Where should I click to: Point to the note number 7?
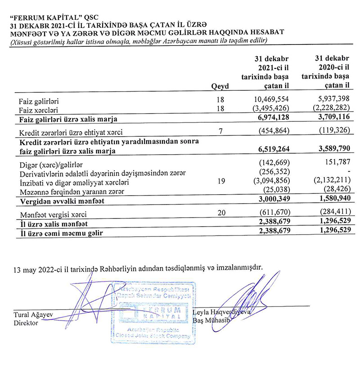click(x=220, y=132)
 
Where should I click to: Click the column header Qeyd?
click(x=220, y=86)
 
